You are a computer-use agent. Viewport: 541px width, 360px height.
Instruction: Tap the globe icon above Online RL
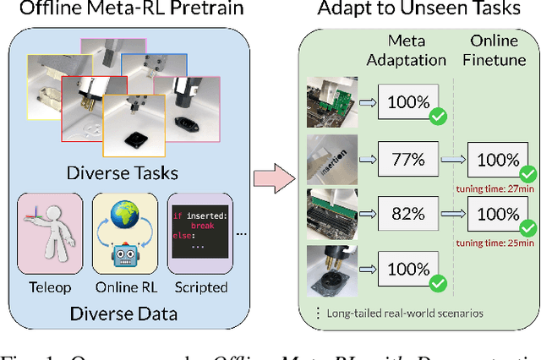[x=126, y=215]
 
